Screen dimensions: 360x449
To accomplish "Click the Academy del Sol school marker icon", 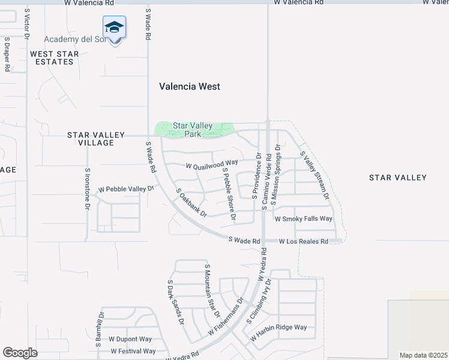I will [x=114, y=28].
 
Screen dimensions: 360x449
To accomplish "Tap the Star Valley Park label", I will [x=193, y=130].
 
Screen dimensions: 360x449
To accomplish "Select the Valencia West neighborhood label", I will [x=189, y=86].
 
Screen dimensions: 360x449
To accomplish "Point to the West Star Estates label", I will [x=55, y=58].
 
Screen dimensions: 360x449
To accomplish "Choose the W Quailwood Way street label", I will [x=212, y=164].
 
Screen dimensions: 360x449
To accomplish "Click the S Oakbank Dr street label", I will [x=191, y=203].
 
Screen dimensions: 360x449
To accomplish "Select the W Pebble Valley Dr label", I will [x=127, y=189].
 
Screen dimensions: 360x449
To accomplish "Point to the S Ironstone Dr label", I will [x=87, y=188].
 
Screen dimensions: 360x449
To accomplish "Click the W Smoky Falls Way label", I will [x=303, y=219].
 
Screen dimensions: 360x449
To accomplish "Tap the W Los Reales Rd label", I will [x=304, y=241].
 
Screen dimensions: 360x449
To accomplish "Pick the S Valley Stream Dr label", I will [x=315, y=175].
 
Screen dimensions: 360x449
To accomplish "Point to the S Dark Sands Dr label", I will [x=175, y=302].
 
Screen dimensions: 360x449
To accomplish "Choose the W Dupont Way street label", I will [x=130, y=339].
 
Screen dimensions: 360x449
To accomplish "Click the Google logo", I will [x=20, y=353].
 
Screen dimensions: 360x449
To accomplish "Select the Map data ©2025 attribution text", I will [x=423, y=355].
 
